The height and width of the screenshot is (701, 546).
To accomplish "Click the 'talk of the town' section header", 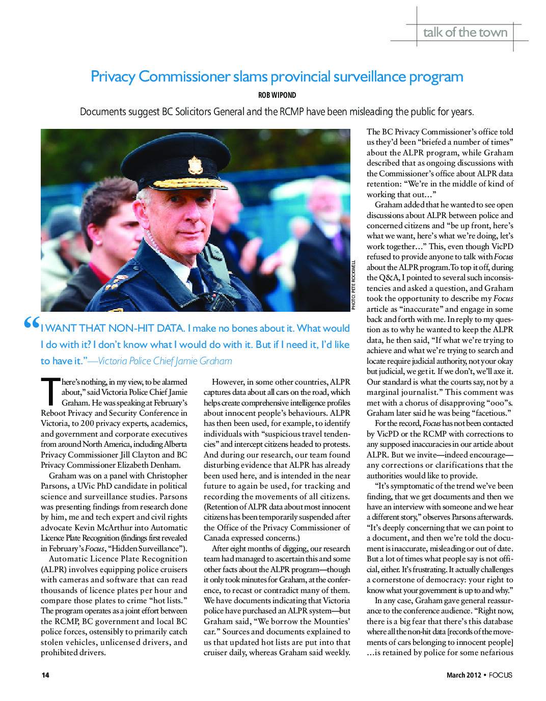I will tap(465, 33).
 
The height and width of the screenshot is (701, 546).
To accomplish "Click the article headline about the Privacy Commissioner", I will tap(277, 76).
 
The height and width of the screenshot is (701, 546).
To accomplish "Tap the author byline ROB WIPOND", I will tap(277, 95).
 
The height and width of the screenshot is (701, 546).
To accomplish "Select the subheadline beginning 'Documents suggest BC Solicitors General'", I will tap(277, 112).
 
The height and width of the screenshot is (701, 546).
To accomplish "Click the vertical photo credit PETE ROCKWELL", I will tap(353, 285).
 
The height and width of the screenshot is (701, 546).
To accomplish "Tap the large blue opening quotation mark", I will tap(32, 323).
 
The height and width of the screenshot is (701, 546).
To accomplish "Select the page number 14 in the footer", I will tap(45, 675).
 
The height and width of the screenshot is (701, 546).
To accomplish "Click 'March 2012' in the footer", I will tap(463, 675).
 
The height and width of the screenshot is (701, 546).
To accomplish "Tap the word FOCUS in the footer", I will tap(500, 675).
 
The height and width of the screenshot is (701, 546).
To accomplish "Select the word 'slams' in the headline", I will tap(251, 76).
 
